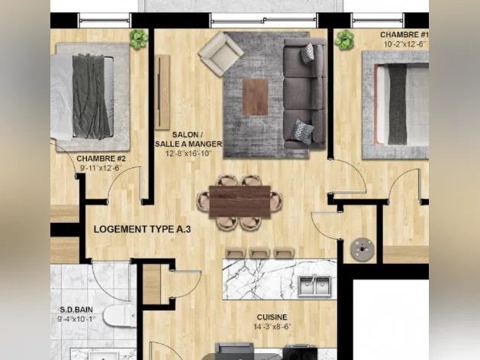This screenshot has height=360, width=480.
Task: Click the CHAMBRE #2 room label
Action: [x=101, y=159]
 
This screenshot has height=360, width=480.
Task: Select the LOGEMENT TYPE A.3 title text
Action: [x=143, y=229]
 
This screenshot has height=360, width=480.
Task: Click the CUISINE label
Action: [x=272, y=317]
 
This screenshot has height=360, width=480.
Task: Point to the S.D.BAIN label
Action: [x=76, y=310]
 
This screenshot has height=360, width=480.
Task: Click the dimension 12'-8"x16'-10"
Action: [x=188, y=153]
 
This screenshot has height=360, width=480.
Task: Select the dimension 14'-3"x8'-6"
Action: [x=272, y=326]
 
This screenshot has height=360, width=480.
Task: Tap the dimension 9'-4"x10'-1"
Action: [x=76, y=319]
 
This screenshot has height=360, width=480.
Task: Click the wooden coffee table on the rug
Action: [x=256, y=97]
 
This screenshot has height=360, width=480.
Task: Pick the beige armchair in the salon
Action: [x=221, y=54]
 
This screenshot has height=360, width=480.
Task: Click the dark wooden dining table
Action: [x=240, y=201]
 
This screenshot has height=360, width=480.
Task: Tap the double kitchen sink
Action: [x=314, y=286]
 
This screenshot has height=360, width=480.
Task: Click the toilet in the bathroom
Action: [x=120, y=315]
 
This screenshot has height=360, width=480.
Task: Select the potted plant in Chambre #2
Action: [x=139, y=39]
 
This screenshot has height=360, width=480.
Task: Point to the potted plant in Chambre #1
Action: [x=344, y=40]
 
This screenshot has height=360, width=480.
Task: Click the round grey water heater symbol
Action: [x=362, y=249]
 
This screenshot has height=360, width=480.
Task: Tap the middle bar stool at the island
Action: [x=259, y=253]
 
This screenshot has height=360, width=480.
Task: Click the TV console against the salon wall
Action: [x=162, y=92]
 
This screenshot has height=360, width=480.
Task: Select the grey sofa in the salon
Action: [x=304, y=93]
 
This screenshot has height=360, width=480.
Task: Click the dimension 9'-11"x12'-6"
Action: [x=101, y=169]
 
